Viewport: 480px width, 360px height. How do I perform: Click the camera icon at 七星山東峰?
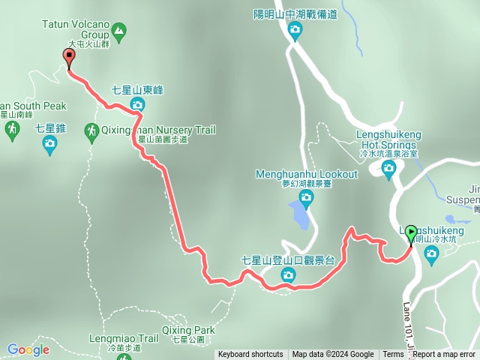point(137,103)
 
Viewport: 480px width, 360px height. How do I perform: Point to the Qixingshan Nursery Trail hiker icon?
point(91,130)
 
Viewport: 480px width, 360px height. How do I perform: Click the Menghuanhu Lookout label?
point(307,175)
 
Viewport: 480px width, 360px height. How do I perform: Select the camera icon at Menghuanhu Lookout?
point(306,197)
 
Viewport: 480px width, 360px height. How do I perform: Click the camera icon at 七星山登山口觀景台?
point(288,277)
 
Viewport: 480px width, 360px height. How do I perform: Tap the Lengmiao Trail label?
point(123,338)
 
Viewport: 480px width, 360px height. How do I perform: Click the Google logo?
point(28,349)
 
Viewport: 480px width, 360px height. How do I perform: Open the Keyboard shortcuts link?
point(250,355)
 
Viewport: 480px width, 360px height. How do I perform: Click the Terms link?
point(393,355)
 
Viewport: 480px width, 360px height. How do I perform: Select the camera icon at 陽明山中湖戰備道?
point(295,30)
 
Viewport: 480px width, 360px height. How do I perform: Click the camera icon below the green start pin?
point(431,253)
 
